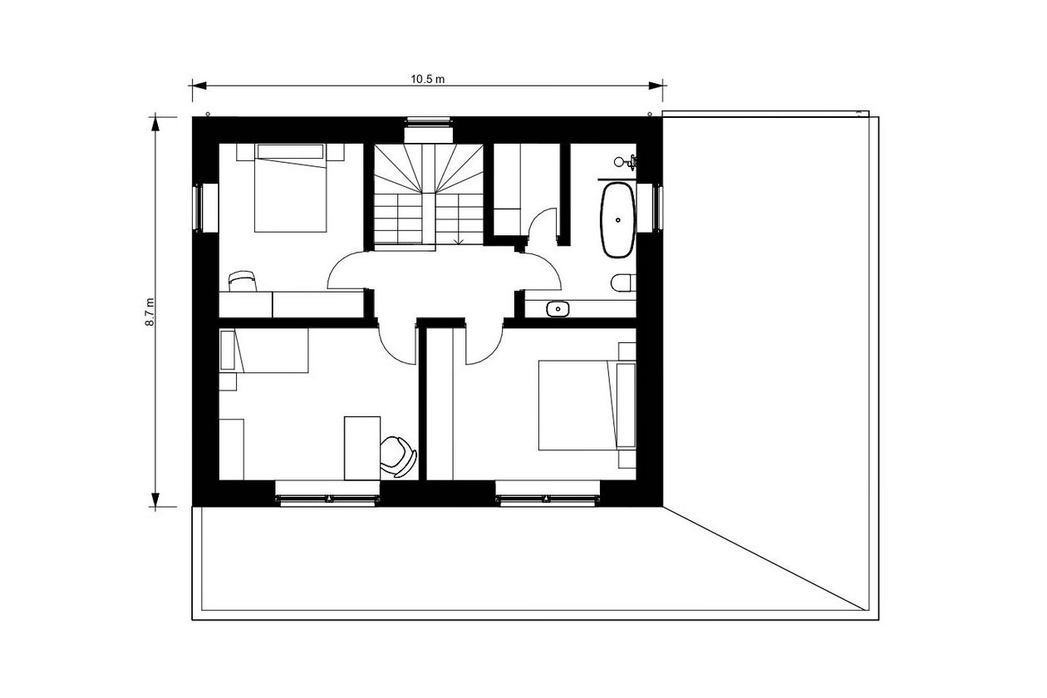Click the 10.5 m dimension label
(x=428, y=79)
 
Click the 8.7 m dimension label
(x=150, y=312)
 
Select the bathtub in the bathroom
(x=618, y=219)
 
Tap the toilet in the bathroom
(x=623, y=283)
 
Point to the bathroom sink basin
(x=557, y=309)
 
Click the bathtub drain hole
(x=618, y=219)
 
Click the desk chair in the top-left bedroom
(x=243, y=281)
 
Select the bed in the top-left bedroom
(x=290, y=188)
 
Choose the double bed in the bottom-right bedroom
(x=587, y=406)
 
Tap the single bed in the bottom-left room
(x=264, y=351)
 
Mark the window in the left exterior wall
(x=199, y=208)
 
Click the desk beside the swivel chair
(x=362, y=449)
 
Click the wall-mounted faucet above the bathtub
(x=626, y=162)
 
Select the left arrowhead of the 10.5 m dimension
(x=199, y=86)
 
